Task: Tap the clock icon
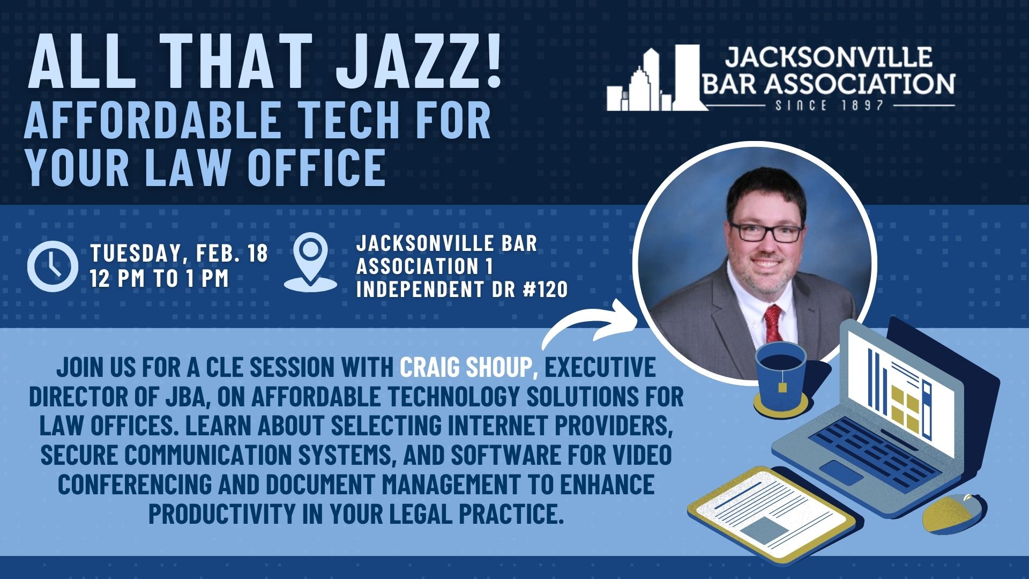(53, 266)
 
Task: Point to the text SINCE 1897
(829, 105)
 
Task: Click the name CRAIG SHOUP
(465, 368)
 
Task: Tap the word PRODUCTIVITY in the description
(221, 513)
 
